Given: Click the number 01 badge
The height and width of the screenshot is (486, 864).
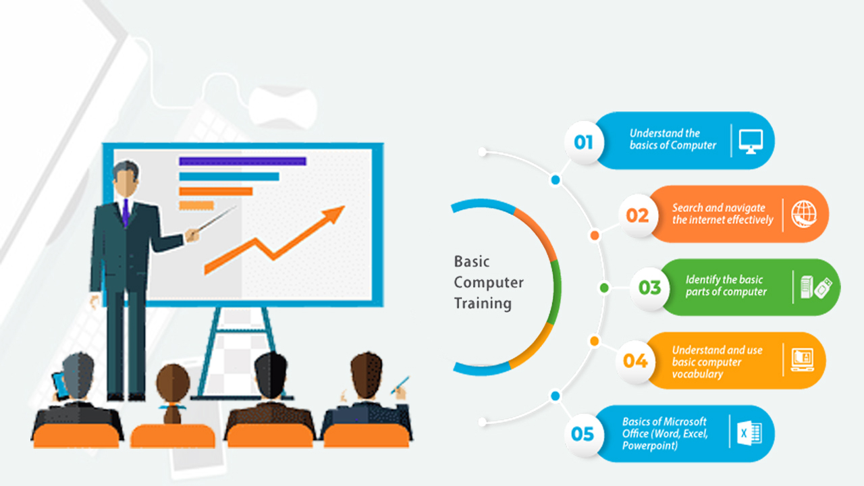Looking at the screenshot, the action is point(584,142).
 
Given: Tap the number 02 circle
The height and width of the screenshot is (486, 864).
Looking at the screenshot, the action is point(638,215).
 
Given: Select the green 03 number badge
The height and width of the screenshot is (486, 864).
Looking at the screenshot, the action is point(649,288).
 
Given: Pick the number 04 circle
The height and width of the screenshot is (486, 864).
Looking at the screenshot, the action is point(635,361).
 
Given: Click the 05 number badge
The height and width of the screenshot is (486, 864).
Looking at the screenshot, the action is point(583,434).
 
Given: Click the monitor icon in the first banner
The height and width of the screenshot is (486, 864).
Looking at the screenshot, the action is point(751,142).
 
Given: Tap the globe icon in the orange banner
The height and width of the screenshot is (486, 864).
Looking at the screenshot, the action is point(804,214).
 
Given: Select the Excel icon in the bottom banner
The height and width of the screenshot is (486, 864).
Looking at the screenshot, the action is point(749,433).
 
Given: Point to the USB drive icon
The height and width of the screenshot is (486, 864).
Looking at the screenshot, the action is point(823,288).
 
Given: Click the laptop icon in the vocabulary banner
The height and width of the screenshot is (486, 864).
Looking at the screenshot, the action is point(803,360).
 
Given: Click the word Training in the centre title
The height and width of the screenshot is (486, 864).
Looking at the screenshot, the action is point(483,304).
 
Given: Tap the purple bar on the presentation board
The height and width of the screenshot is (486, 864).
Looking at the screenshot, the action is point(242,161).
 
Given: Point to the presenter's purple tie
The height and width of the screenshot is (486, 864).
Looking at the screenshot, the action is point(126,213).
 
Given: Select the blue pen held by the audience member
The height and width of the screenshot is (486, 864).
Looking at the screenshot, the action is point(400,385).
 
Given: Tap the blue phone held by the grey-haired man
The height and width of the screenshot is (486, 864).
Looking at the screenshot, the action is point(60,385).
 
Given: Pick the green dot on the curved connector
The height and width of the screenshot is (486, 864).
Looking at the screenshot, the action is point(604,288).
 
